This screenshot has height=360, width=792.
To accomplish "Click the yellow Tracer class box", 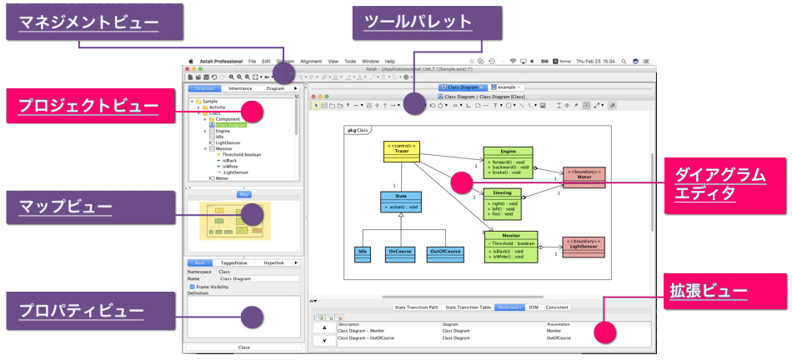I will (401, 152).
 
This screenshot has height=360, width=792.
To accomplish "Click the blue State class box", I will (402, 201).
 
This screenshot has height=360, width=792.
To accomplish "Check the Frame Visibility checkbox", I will (193, 287).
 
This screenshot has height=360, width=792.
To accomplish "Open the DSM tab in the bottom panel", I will (534, 307).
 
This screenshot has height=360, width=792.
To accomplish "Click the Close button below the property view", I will (243, 347).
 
